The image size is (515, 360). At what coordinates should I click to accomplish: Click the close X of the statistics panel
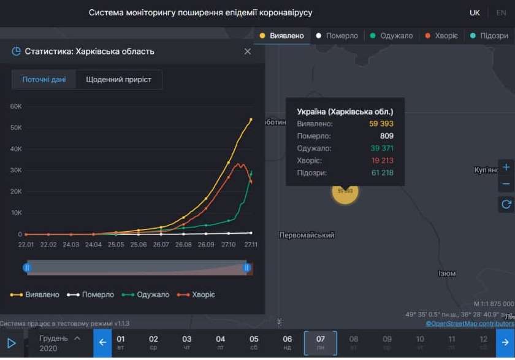tap(248, 52)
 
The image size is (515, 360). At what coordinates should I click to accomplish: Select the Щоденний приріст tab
tap(119, 80)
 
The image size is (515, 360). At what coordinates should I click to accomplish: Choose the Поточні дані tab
tap(44, 80)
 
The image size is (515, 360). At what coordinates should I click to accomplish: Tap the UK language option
tap(475, 13)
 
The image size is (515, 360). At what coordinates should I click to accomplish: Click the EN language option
tap(502, 13)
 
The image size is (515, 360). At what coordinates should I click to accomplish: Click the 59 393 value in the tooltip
tap(381, 124)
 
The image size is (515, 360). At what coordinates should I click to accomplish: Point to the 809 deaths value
tap(386, 136)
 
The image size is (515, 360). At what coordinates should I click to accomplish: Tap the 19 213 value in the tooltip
tap(381, 161)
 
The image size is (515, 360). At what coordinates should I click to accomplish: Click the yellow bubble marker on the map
tap(345, 191)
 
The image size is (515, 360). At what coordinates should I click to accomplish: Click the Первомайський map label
tap(307, 236)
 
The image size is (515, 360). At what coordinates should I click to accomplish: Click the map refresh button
tap(506, 204)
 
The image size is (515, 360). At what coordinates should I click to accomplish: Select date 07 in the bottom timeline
tap(321, 343)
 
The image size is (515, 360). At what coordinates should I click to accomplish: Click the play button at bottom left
tap(11, 343)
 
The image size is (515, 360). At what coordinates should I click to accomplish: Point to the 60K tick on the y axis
tap(16, 106)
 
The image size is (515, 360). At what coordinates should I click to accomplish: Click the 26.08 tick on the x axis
tap(183, 245)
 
